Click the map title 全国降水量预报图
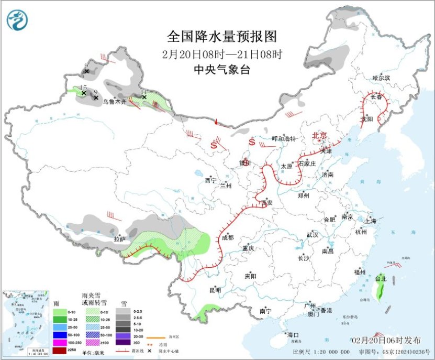[221, 37]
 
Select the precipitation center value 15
[83, 88]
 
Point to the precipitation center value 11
[144, 91]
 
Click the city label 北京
[320, 135]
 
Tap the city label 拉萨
[120, 239]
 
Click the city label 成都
[228, 237]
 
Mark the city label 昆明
[215, 290]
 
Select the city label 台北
[381, 279]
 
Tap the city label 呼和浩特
[284, 139]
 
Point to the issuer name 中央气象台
[221, 69]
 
